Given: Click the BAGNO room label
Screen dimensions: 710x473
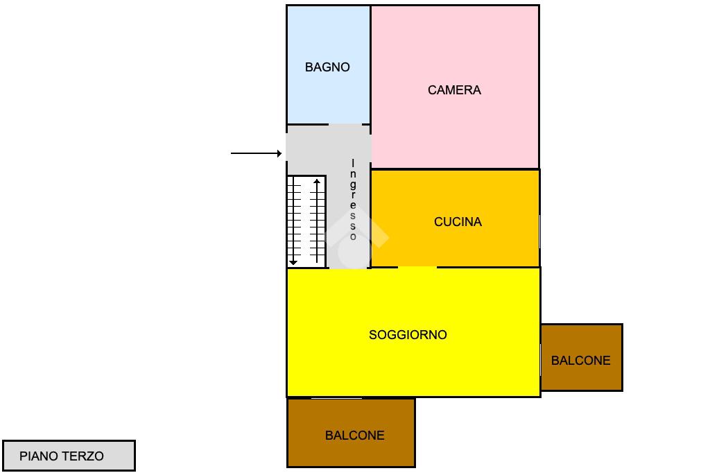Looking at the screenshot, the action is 327,67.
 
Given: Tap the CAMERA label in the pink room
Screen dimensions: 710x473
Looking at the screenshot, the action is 454,90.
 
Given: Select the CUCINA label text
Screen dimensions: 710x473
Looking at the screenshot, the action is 458,222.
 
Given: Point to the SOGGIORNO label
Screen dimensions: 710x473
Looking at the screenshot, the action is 408,335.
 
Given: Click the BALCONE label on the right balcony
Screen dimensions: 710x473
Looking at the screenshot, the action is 581,361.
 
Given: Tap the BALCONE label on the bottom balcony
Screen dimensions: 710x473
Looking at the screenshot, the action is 354,436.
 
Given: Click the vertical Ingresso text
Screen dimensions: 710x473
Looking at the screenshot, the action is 353,200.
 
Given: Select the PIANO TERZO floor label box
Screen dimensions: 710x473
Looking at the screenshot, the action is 69,456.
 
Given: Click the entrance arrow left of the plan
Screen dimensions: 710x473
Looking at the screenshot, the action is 257,153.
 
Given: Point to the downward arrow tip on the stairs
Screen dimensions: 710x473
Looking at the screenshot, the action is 293,262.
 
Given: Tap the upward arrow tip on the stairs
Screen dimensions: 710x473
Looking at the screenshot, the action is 317,181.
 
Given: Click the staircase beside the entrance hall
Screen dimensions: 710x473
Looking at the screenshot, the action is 306,221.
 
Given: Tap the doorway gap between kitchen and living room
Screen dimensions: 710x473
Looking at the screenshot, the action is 417,267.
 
